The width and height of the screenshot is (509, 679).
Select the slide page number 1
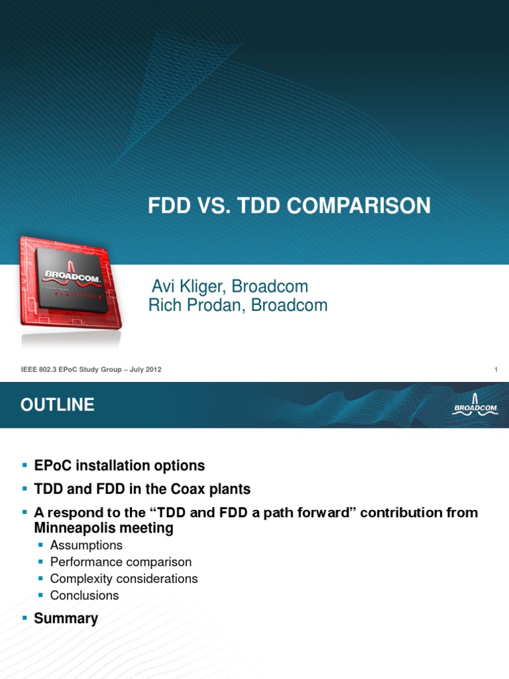(495, 369)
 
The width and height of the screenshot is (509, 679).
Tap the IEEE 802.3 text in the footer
(34, 369)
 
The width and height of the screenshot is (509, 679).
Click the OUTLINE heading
(57, 405)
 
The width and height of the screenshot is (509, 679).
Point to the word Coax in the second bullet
(178, 489)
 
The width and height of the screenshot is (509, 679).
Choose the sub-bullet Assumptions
(86, 545)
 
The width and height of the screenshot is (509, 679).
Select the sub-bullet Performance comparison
(121, 562)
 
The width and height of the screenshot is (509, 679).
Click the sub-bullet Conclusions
(84, 595)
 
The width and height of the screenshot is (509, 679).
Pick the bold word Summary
(66, 618)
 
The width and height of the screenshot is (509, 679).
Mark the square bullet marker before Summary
(25, 618)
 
